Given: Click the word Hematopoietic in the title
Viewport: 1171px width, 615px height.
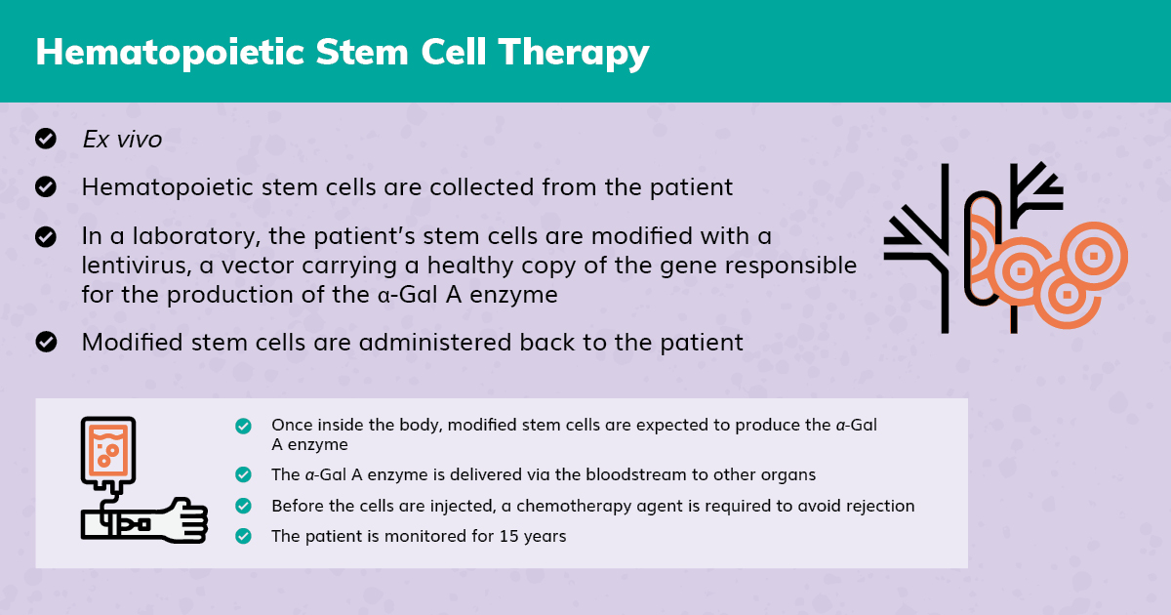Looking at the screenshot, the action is [x=170, y=52].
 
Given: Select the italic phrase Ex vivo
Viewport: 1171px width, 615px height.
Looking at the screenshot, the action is [x=122, y=139].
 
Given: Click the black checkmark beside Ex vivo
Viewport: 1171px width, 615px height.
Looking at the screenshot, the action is [x=46, y=139].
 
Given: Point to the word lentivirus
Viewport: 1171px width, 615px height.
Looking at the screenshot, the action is [x=137, y=266].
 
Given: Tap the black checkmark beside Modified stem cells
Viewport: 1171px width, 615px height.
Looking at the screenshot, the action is [x=46, y=342].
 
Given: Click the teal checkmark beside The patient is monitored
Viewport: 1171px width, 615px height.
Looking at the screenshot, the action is [x=243, y=536].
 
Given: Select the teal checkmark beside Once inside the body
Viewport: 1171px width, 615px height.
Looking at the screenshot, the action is [x=243, y=427].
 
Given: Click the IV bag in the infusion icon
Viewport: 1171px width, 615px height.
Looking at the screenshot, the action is [x=108, y=452].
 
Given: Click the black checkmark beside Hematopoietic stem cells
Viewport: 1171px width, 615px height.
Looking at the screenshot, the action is [x=46, y=186].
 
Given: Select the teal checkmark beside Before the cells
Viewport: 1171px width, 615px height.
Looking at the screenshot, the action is [x=243, y=506].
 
